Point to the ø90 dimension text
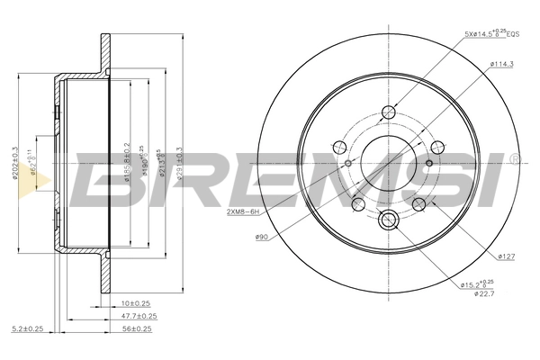tap(262, 236)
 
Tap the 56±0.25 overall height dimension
tap(138, 329)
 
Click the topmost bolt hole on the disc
tap(389, 112)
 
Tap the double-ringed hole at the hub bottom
tap(389, 220)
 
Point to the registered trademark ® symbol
tap(513, 159)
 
